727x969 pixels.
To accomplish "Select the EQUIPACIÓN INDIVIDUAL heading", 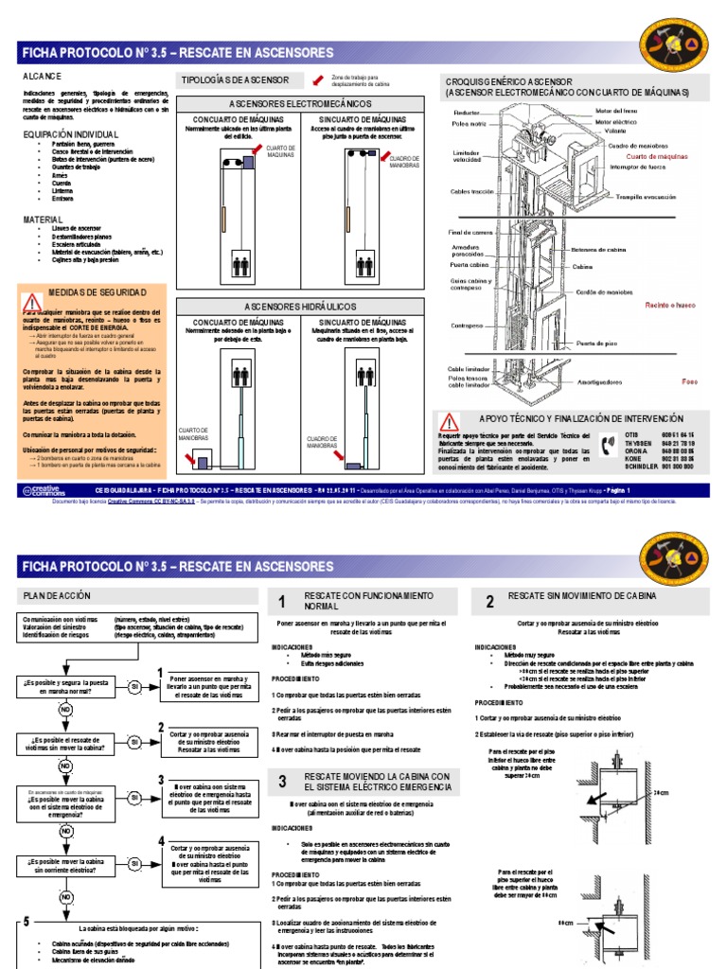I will pos(71,134).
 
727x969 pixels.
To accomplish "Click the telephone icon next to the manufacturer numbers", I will pos(607,445).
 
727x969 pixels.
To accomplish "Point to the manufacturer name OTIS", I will pos(632,432).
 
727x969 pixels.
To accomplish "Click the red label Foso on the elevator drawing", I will pos(689,381).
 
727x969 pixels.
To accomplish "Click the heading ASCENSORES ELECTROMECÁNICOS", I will pos(301,103).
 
